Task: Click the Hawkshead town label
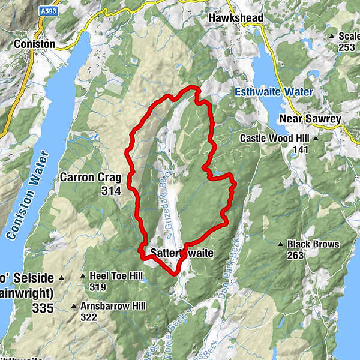point(236,18)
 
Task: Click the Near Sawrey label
point(310,119)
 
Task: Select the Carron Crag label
point(91,178)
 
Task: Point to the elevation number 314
point(111,191)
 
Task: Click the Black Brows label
point(313,244)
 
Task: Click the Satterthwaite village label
point(182,253)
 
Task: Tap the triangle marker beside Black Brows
point(280,244)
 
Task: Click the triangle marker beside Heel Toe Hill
point(83,276)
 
